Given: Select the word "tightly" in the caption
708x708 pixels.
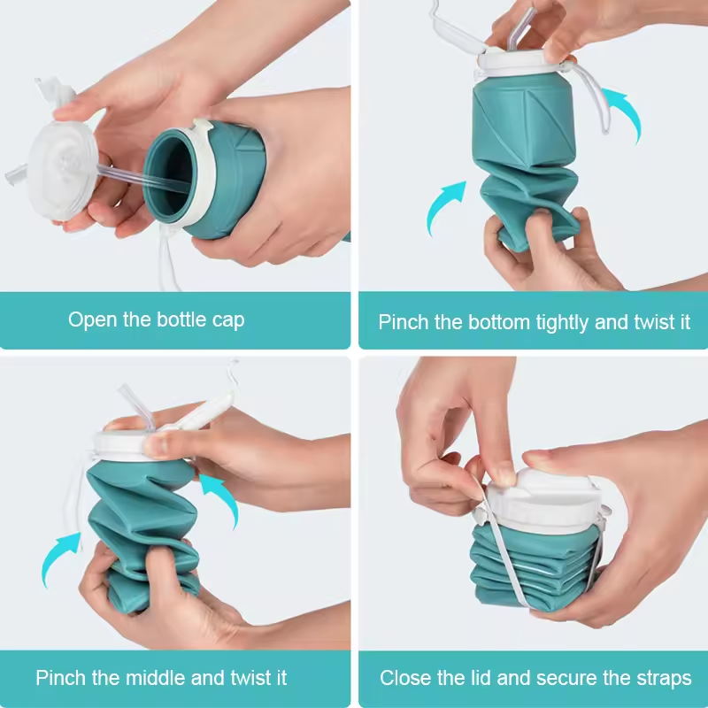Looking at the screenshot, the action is click(563, 323).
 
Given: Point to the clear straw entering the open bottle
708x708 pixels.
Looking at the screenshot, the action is click(144, 178).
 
